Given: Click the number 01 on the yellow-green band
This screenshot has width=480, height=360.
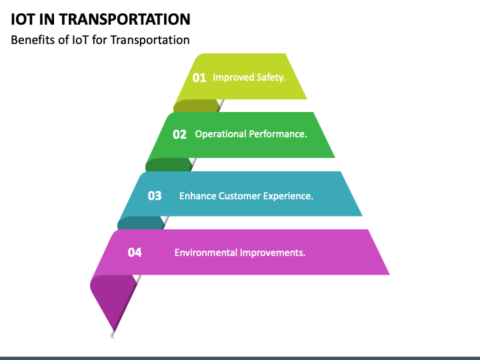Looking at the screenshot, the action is point(199,77).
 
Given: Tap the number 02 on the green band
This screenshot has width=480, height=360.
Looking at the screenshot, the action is point(179,135).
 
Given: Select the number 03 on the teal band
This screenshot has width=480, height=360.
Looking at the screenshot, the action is point(154,195).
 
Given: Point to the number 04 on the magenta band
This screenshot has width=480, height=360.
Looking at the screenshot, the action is point(135,252).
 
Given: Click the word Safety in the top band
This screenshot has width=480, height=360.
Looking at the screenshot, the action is point(271,77).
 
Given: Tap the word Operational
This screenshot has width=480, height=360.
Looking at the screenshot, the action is point(221,134).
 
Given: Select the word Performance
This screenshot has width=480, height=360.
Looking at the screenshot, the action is point(278,134).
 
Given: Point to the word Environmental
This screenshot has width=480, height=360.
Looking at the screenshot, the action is point(206,253).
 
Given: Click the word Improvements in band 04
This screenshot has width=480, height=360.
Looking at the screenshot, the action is point(273,253).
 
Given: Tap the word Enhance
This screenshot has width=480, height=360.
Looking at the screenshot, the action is point(197,195).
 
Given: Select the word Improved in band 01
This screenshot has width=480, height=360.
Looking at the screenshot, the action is point(233,77).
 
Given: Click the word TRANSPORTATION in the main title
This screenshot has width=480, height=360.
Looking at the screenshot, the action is point(125,19).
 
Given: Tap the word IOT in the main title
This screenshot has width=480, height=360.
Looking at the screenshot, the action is point(23,19).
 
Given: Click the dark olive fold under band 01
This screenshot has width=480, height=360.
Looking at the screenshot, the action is point(197,105).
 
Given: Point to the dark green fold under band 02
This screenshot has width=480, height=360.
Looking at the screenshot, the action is point(169,165).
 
